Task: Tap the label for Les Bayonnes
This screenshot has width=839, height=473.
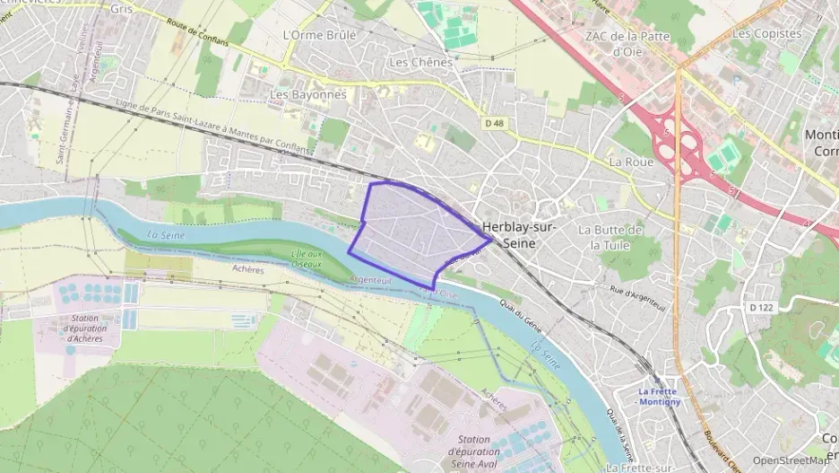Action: point(307,94)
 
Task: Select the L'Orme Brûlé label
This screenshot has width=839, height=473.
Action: point(318,35)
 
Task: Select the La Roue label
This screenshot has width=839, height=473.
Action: point(630,162)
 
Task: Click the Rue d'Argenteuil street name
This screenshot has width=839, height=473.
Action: point(641,292)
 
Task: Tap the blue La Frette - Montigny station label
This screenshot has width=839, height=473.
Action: point(660,396)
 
